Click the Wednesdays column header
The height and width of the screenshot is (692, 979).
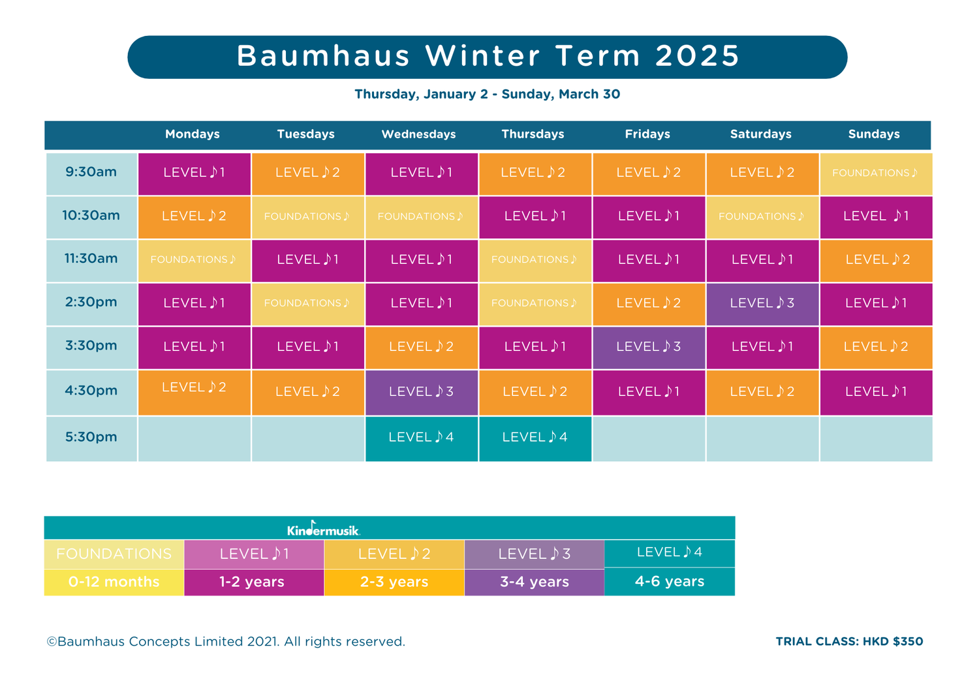coord(418,134)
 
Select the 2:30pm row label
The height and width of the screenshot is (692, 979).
coord(91,303)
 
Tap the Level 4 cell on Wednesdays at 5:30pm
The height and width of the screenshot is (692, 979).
coord(421,438)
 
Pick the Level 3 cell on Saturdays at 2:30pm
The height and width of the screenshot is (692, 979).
coord(762,303)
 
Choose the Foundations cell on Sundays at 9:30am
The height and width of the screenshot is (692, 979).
coord(875,173)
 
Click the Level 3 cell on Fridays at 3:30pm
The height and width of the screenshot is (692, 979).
coord(648,347)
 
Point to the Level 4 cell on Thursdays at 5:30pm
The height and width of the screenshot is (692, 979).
coord(535,438)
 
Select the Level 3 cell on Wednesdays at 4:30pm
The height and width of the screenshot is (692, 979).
coord(421,392)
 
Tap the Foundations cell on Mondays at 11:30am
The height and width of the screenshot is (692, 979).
coord(194,260)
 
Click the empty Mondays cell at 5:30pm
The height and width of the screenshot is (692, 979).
coord(194,438)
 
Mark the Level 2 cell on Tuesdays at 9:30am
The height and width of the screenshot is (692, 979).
coord(307,173)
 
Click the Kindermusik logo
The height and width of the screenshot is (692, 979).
coord(324,529)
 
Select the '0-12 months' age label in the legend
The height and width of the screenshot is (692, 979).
coord(114,582)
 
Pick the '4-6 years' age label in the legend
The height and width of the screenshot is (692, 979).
coord(670,582)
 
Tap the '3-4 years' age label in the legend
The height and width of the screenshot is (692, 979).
coord(534,582)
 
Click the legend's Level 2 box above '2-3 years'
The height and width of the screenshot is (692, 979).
coord(394,554)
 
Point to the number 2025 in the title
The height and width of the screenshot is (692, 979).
coord(697,56)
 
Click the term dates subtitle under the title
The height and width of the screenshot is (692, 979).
coord(487,95)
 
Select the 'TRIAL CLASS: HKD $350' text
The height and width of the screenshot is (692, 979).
coord(849,642)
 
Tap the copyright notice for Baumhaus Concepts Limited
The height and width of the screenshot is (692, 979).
coord(226,642)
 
